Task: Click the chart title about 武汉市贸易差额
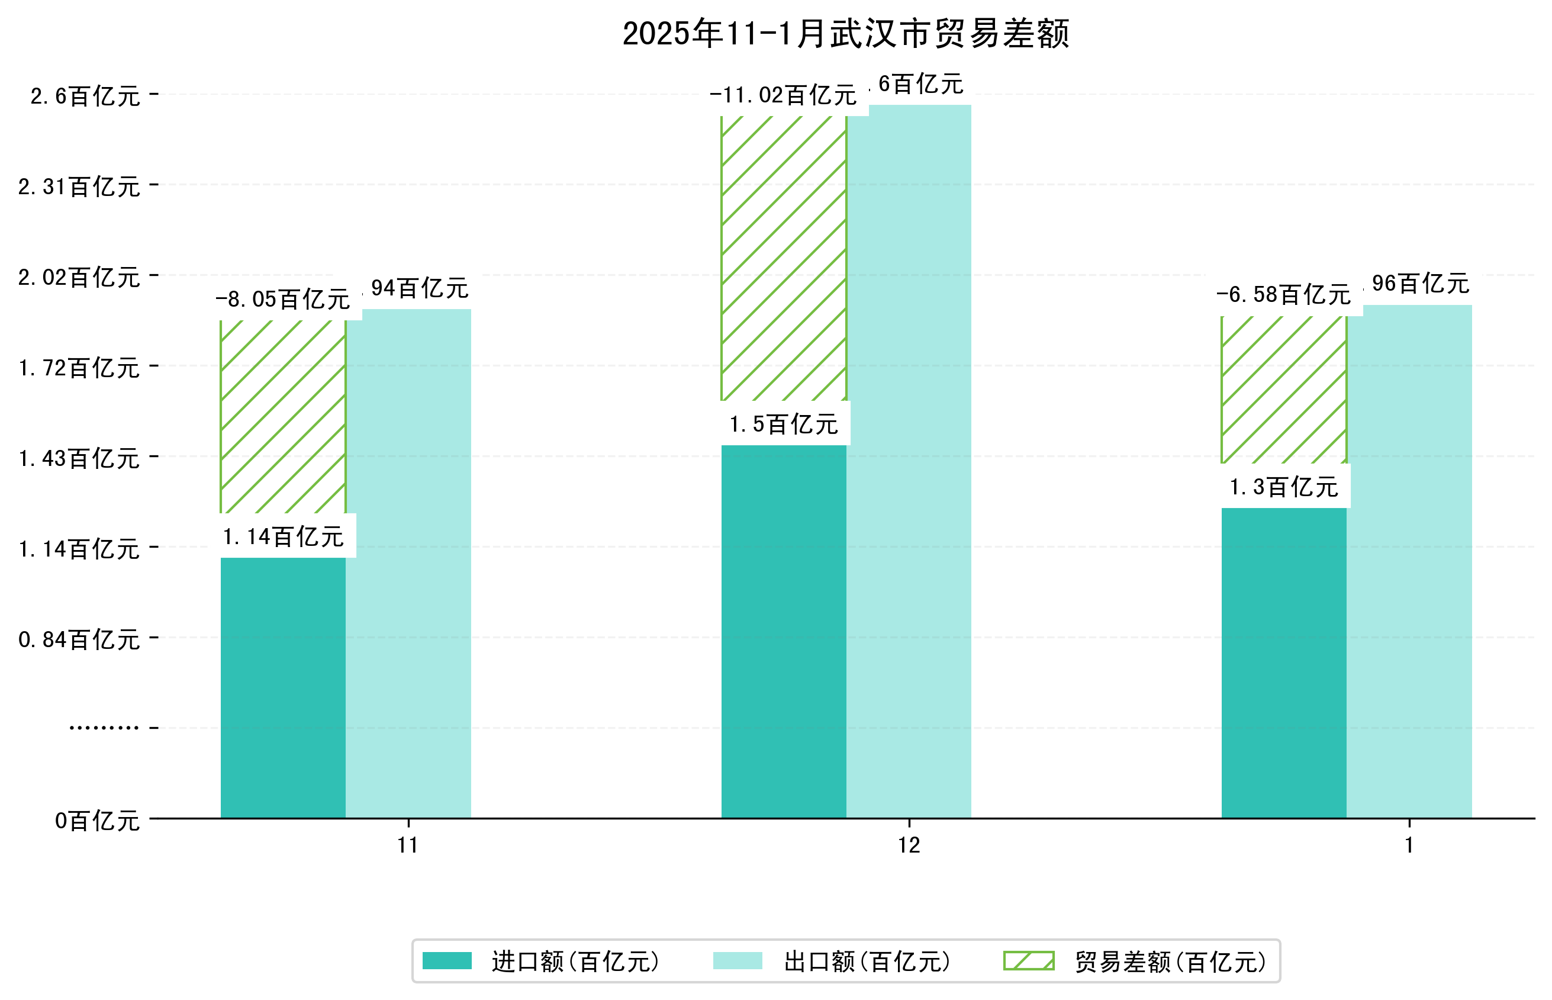[x=845, y=34]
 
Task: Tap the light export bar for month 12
[x=909, y=461]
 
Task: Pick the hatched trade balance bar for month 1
[x=1283, y=390]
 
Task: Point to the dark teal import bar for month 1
[x=1283, y=663]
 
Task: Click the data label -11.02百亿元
[x=783, y=96]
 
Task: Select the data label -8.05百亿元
[x=282, y=300]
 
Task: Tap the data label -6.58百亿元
[x=1283, y=295]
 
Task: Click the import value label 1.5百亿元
[x=784, y=425]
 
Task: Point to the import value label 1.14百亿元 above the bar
[x=283, y=537]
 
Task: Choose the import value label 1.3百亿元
[x=1283, y=487]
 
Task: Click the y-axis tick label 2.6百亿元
[x=85, y=97]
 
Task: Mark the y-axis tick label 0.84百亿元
[x=79, y=640]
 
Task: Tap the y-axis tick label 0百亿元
[x=96, y=821]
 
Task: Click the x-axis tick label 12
[x=909, y=845]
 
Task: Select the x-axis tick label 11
[x=408, y=845]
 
